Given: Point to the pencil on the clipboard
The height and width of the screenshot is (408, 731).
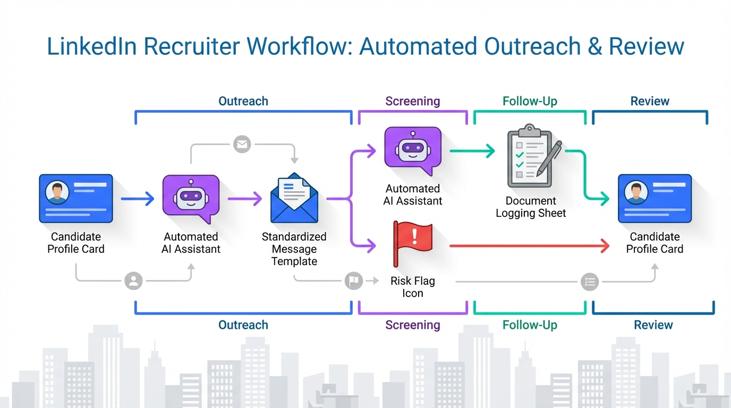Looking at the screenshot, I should tap(549, 158).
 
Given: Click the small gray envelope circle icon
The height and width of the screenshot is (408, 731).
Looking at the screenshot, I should tap(242, 144).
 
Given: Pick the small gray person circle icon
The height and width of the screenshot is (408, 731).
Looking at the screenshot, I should tap(133, 280).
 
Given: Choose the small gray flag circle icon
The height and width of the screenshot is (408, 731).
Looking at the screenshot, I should tap(353, 280).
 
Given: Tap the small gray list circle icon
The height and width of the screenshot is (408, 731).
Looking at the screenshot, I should tap(590, 282).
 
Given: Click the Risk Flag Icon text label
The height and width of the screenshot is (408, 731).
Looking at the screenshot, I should tap(412, 287).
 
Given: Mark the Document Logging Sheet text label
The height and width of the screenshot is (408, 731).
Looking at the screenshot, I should tap(531, 207).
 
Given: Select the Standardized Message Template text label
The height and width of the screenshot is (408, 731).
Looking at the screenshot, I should tap(294, 249).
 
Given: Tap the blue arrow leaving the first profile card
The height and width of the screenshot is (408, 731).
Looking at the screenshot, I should tap(137, 199).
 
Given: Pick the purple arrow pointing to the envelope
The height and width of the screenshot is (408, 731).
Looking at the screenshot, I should tap(244, 199).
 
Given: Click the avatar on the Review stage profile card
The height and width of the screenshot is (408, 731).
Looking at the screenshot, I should tap(636, 193).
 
